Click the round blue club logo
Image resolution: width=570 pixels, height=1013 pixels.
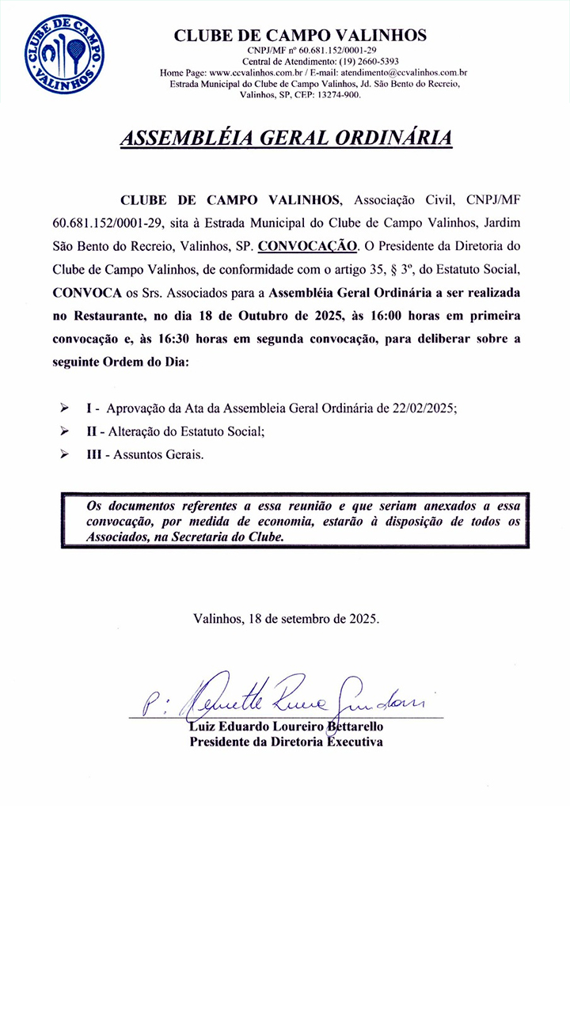point(65,54)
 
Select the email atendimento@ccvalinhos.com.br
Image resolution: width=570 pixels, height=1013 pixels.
point(397,72)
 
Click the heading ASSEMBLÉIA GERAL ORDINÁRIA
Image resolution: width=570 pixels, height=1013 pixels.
point(286,138)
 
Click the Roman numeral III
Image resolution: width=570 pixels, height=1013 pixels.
point(94,455)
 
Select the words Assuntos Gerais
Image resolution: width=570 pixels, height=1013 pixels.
point(158,455)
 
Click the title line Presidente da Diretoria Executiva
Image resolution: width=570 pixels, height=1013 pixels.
point(286,742)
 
